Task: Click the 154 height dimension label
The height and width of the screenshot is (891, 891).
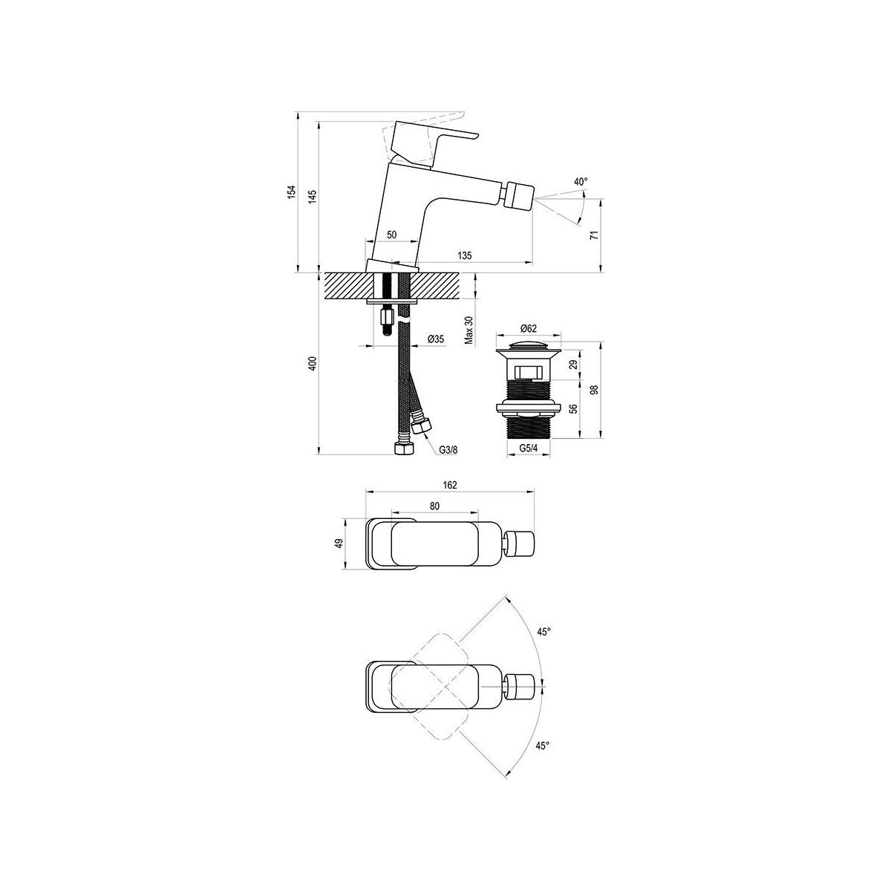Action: click(291, 192)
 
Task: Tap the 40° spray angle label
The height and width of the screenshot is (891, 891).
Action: click(581, 182)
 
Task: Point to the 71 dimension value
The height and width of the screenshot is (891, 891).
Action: click(595, 235)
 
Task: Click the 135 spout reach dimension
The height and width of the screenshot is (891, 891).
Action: click(464, 255)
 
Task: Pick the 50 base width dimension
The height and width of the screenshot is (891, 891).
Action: click(391, 235)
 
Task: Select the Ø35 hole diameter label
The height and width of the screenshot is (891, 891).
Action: click(436, 339)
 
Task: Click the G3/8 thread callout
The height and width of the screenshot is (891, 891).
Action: click(448, 450)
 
